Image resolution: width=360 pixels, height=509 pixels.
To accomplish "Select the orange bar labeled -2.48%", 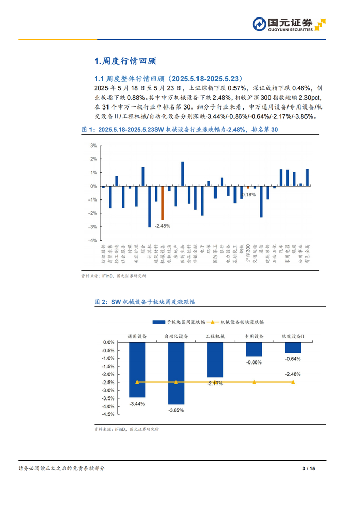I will pos(163,203).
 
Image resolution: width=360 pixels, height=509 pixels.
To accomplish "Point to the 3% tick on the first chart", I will pos(93,146).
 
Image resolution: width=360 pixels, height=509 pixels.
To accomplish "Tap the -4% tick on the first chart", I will pos(93,240).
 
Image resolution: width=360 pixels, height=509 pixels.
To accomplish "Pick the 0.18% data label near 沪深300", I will pos(248,195).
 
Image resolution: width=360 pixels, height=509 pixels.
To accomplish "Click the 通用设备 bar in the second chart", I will pos(137,370).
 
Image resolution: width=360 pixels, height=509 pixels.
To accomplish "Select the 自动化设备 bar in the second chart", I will pos(176,373).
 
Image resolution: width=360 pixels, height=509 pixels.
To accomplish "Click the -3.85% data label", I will pos(176,410).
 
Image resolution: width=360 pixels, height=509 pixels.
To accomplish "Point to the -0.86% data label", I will pos(254,362).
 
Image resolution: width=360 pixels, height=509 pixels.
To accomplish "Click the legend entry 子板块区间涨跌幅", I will pos(178,321).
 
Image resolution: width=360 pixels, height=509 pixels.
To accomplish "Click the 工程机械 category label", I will pos(215,336).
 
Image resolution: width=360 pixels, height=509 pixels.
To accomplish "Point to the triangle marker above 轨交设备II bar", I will pos(293,382).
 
